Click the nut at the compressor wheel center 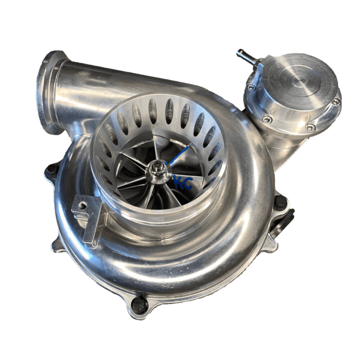160,167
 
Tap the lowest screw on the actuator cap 310,128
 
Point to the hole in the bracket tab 82,206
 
